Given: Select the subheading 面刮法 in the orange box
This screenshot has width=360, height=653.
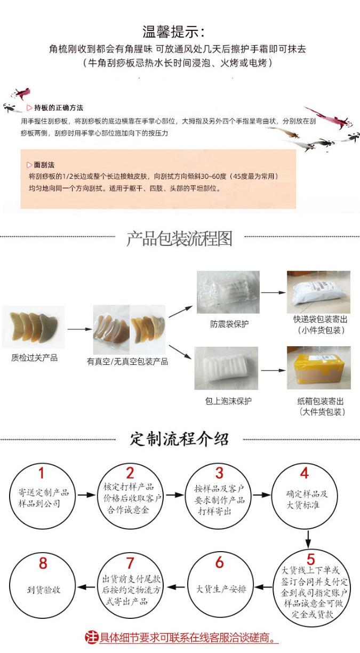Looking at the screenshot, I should [43, 165].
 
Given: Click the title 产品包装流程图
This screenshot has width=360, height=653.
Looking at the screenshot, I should [179, 239].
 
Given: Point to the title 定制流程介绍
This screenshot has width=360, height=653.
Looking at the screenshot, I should [180, 439].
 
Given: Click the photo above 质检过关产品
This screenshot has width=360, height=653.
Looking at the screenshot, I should [34, 327].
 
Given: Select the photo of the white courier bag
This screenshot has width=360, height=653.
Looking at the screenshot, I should [318, 292].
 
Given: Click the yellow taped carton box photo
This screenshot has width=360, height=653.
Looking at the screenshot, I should [318, 368].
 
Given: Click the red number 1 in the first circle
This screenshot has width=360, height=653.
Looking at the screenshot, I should [42, 473].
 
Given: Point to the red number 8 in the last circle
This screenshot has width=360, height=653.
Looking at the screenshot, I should [43, 563].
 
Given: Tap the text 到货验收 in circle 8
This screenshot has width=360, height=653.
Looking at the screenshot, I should [44, 590].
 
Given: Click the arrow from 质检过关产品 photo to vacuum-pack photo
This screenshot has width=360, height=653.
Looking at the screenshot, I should [79, 329].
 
